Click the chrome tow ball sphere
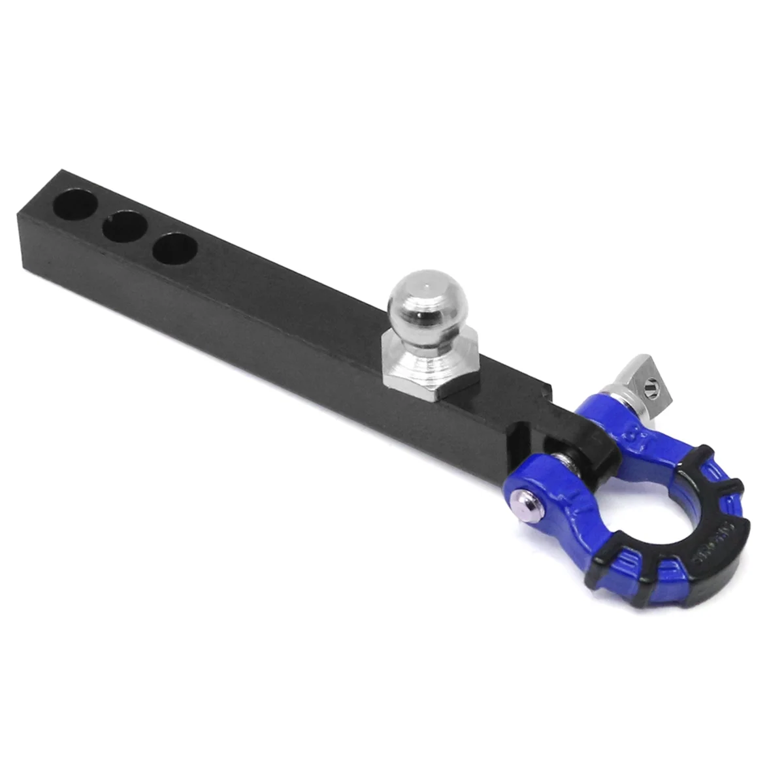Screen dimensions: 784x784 pyautogui.click(x=419, y=302)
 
